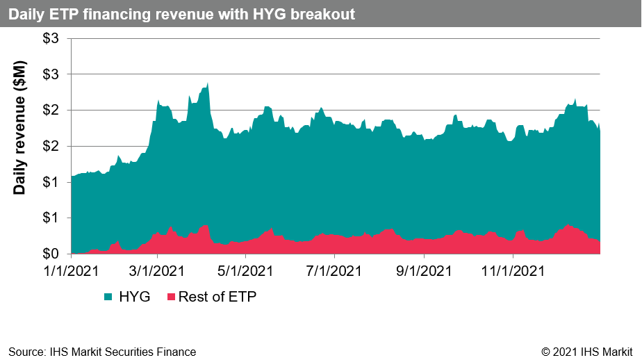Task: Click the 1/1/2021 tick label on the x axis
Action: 72,269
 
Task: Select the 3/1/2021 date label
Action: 157,269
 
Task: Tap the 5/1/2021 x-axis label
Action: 245,269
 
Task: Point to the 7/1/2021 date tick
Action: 334,269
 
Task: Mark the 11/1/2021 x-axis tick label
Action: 513,269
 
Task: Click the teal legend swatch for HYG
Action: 109,297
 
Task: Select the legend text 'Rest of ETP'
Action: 217,297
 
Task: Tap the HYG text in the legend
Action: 135,297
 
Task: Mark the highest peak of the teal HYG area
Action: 208,83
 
